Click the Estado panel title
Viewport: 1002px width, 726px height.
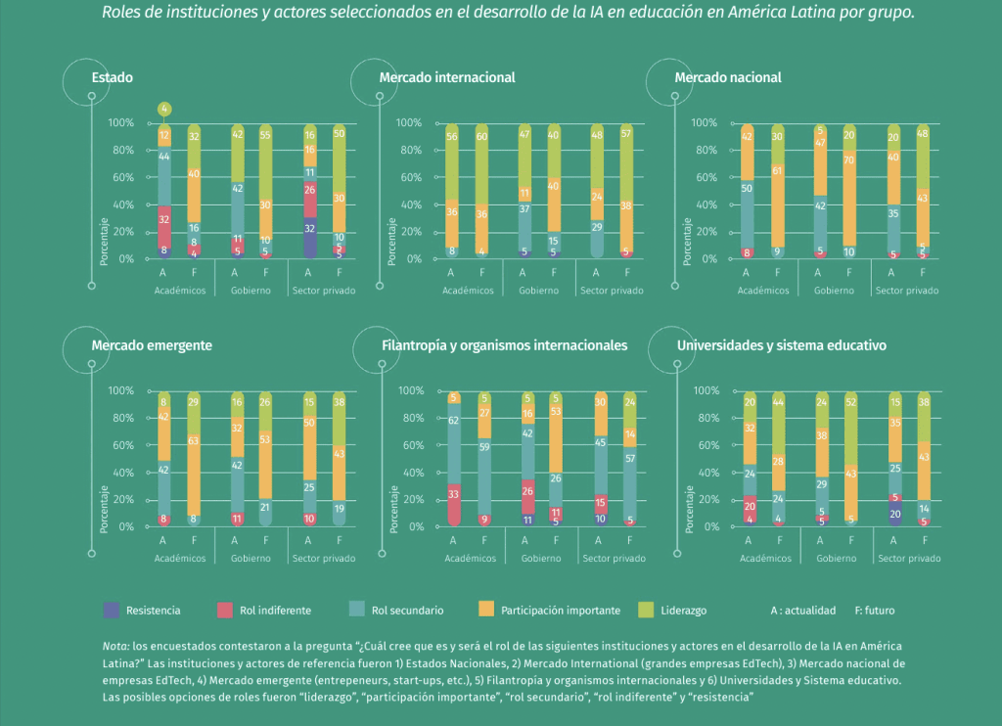point(112,77)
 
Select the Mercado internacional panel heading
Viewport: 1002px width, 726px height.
point(446,77)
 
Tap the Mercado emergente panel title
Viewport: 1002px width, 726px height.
point(152,345)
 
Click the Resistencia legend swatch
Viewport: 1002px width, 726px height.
point(111,611)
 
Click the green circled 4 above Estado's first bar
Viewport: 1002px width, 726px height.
point(164,109)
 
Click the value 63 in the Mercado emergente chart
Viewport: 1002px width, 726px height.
point(194,441)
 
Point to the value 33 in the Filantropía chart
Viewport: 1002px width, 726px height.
point(454,495)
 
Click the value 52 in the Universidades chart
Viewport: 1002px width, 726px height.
point(850,402)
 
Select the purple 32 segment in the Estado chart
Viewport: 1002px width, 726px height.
point(310,227)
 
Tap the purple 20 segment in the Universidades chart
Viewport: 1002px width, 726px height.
point(895,514)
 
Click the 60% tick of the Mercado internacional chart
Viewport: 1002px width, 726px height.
point(409,177)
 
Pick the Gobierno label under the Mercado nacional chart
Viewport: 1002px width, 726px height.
point(835,291)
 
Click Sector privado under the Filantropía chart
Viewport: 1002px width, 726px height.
point(613,559)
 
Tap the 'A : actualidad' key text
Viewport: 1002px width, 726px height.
point(803,611)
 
